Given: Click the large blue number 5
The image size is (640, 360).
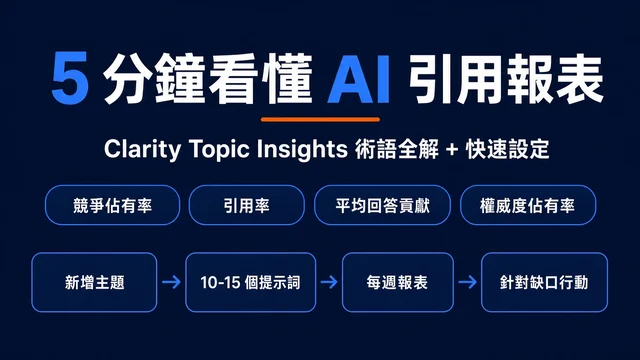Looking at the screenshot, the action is [70, 78].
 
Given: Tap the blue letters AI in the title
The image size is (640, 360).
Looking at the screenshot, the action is [358, 79].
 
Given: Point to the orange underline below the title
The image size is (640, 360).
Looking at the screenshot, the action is [320, 120].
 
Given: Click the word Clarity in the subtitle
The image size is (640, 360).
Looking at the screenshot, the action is [142, 149].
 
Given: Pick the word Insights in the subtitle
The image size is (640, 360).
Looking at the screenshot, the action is [302, 149].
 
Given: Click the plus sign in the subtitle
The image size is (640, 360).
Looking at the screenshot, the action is [452, 150].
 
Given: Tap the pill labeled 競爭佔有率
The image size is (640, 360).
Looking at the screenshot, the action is [112, 205].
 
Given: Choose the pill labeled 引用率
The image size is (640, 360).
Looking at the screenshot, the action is [247, 205].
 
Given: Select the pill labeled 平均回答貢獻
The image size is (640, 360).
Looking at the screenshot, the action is [382, 205].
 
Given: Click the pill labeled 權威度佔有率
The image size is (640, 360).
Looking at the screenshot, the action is [528, 205].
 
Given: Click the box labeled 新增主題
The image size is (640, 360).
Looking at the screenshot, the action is [94, 282].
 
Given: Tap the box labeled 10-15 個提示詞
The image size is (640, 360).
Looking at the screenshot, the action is [251, 282].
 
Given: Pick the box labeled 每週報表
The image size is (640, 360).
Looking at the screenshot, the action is [398, 282].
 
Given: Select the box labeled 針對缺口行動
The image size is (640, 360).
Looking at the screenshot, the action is [544, 282].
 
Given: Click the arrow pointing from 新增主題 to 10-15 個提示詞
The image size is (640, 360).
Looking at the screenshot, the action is [171, 282].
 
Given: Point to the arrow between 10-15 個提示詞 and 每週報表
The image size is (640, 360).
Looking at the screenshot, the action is [329, 282].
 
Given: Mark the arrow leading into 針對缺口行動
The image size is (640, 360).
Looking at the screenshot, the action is [467, 282].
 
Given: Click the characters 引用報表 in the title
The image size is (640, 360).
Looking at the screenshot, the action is [506, 79].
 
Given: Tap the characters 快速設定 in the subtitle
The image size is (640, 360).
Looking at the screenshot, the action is [507, 149].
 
